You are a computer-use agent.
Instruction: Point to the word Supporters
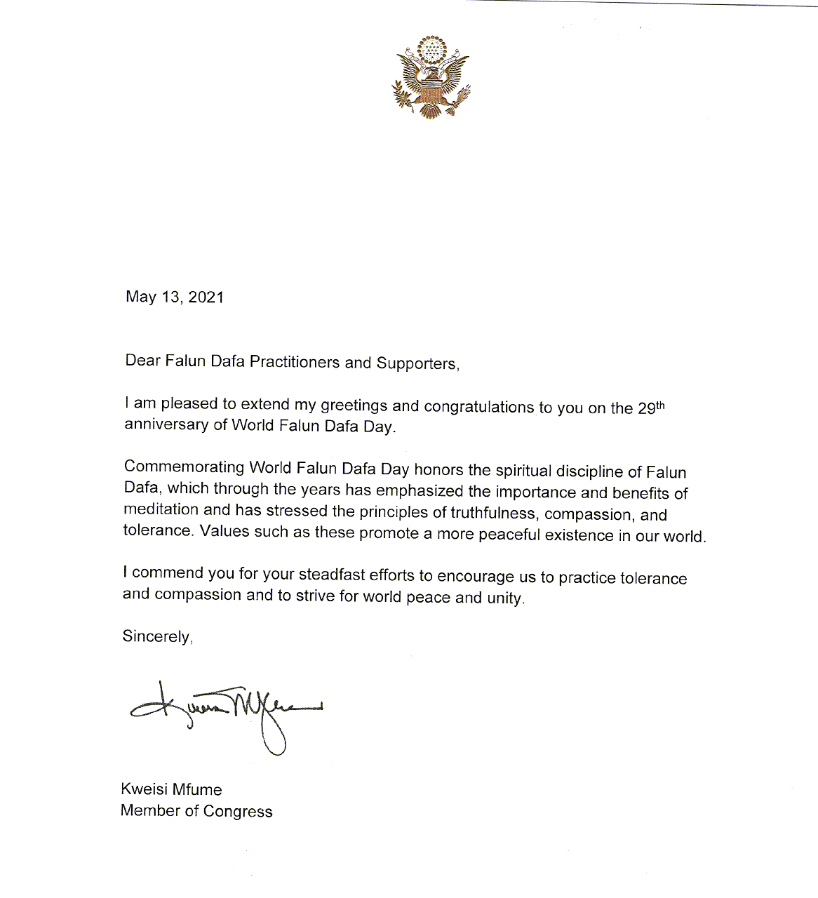pos(417,363)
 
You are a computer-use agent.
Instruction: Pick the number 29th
pos(650,408)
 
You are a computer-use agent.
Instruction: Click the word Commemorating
pos(184,467)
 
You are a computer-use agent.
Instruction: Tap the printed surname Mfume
pos(197,789)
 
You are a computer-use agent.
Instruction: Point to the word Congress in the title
pos(237,812)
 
